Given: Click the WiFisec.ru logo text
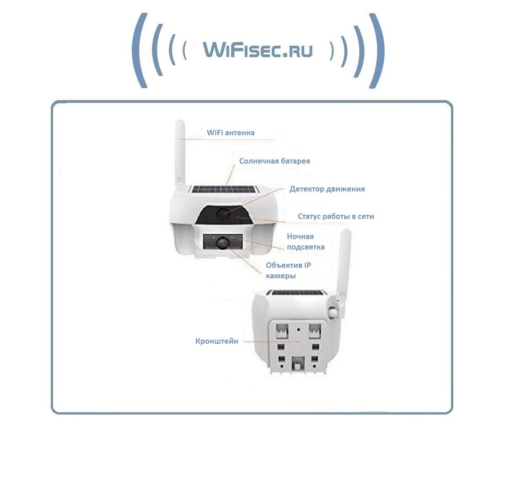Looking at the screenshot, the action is (x=258, y=50).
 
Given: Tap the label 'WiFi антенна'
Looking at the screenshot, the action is (x=231, y=133).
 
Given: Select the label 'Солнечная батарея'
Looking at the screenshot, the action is (x=274, y=161).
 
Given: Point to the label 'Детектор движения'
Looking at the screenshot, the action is (x=327, y=189).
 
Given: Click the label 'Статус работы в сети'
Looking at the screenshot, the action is (x=336, y=216).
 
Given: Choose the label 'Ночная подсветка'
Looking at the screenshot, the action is (x=306, y=242).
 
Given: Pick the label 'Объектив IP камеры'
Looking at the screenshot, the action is (x=288, y=271).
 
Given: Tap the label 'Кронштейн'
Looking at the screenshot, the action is (x=217, y=341).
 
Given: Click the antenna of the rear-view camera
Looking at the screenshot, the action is (x=344, y=264).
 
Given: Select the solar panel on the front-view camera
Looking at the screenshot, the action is (x=224, y=189).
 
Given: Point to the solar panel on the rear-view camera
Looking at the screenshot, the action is (x=296, y=293).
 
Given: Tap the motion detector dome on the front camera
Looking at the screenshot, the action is (x=223, y=213).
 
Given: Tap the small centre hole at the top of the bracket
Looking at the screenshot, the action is (x=299, y=330).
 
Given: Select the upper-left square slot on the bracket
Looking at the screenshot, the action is (x=282, y=331).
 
